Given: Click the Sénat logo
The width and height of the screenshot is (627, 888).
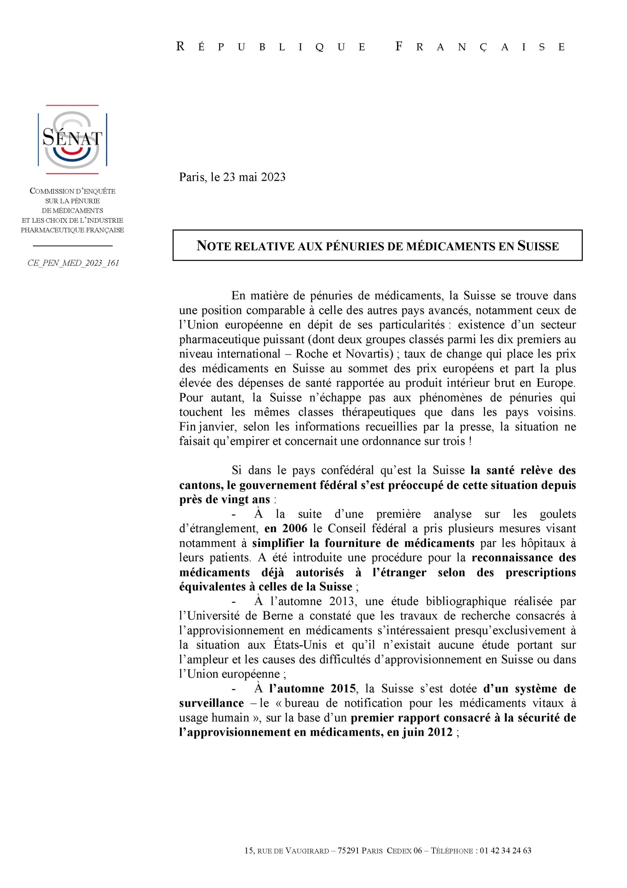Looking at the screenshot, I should click(72, 139).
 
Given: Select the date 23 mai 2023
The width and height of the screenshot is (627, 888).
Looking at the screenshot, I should click(254, 177).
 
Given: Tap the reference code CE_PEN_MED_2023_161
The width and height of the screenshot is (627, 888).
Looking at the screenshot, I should click(73, 263).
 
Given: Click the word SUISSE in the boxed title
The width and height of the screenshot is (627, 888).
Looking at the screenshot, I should click(538, 246).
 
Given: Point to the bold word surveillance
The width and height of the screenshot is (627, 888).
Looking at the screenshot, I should click(211, 703).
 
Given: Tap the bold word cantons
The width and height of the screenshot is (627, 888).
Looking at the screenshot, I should click(200, 485).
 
